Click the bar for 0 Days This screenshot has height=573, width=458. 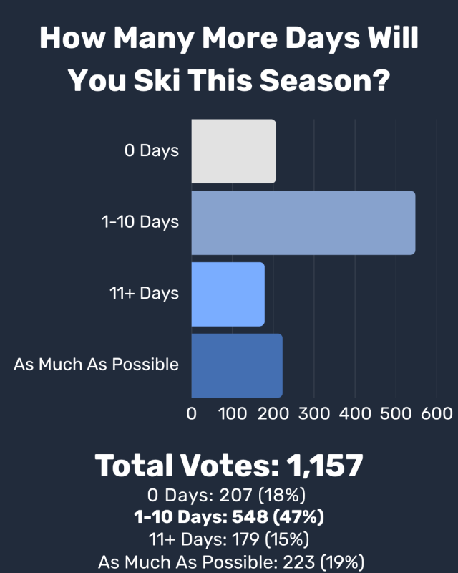pyautogui.click(x=233, y=151)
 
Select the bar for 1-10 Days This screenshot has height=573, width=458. pyautogui.click(x=303, y=223)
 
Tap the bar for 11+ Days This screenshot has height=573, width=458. pyautogui.click(x=228, y=294)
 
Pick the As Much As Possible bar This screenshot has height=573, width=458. pyautogui.click(x=236, y=365)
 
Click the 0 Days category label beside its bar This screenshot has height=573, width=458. pyautogui.click(x=151, y=151)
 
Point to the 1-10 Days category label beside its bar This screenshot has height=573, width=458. pyautogui.click(x=140, y=222)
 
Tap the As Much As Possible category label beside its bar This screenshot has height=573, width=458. pyautogui.click(x=96, y=365)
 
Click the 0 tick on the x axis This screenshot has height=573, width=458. pyautogui.click(x=191, y=414)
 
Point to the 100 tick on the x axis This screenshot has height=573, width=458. pyautogui.click(x=233, y=414)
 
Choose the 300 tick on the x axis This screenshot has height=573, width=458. pyautogui.click(x=314, y=414)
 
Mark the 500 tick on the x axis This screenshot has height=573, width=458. pyautogui.click(x=396, y=414)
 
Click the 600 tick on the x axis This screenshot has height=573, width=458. pyautogui.click(x=437, y=414)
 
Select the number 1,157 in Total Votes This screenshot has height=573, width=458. pyautogui.click(x=324, y=466)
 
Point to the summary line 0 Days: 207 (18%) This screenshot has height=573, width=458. pyautogui.click(x=229, y=495)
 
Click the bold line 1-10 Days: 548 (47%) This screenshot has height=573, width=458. pyautogui.click(x=229, y=516)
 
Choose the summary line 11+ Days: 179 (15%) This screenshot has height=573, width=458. pyautogui.click(x=229, y=539)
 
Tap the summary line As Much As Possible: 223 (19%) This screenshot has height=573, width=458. pyautogui.click(x=229, y=561)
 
